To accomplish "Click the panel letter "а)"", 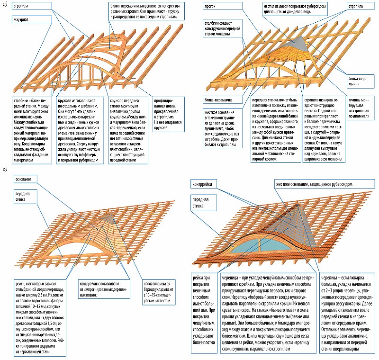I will click(x=4, y=4).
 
